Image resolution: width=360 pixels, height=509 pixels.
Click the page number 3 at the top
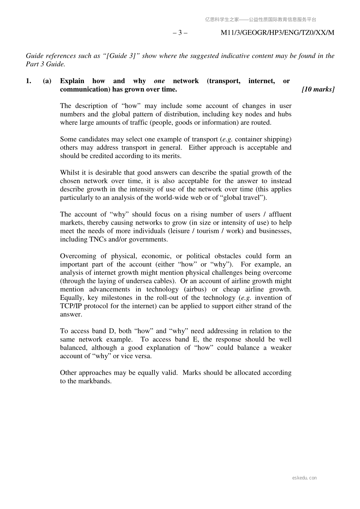click(180, 33)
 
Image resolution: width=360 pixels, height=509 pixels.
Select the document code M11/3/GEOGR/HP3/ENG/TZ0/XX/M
click(277, 33)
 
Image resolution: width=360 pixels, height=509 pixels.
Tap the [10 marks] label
click(318, 89)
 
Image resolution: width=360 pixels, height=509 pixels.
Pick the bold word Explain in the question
click(72, 81)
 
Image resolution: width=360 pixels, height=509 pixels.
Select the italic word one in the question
click(159, 81)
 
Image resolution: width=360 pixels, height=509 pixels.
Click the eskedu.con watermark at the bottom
click(304, 478)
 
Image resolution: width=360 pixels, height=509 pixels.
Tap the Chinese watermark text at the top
click(260, 20)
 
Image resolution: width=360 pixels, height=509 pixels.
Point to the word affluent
click(280, 214)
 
